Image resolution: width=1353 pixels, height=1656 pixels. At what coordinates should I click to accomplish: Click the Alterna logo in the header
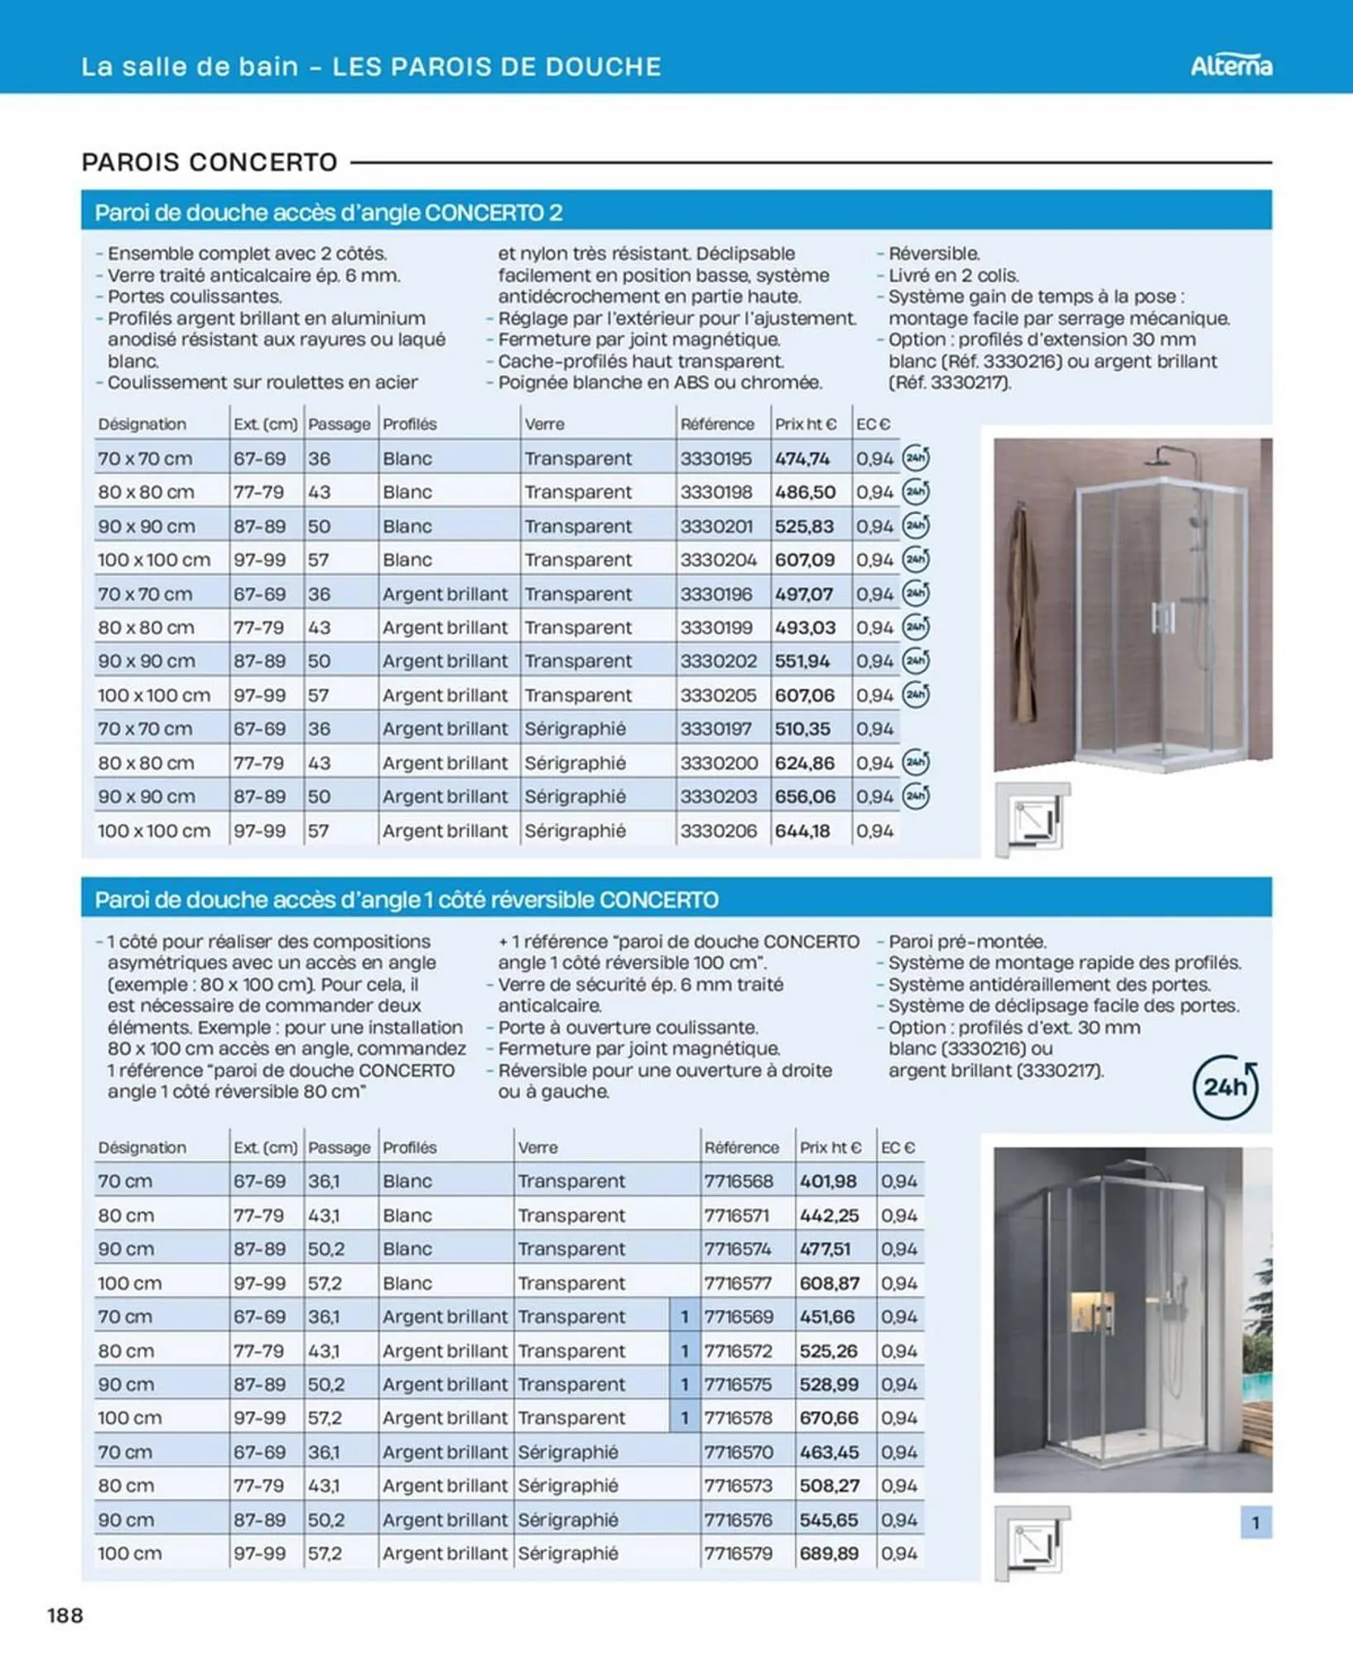pos(1230,65)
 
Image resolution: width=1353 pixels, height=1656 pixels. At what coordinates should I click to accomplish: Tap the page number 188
pos(65,1615)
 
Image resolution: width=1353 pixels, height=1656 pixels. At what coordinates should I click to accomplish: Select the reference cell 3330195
pos(716,458)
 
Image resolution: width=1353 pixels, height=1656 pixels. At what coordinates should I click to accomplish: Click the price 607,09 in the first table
pos(805,560)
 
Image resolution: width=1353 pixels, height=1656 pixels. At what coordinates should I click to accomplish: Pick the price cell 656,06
pos(805,797)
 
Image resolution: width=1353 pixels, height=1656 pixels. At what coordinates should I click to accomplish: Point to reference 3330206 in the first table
pos(718,830)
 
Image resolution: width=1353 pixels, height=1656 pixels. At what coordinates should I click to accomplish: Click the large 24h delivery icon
pos(1225,1087)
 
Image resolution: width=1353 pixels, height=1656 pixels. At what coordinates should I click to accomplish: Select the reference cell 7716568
pos(739,1182)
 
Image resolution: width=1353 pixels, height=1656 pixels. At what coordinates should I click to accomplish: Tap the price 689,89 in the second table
pos(829,1553)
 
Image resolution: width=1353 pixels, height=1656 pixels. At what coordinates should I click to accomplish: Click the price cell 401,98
pos(828,1182)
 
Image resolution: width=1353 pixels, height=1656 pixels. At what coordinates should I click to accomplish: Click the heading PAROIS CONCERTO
pos(209,162)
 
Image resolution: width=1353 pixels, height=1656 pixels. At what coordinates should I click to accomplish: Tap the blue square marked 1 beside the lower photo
pos(1255,1522)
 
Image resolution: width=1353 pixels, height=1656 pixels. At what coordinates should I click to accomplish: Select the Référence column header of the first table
pos(717,424)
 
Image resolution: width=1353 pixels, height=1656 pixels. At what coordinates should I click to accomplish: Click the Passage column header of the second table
pos(339,1148)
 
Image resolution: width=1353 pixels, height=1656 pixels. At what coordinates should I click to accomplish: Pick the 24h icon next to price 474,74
pos(915,458)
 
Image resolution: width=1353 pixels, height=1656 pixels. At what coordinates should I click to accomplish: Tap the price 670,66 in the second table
pos(829,1418)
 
